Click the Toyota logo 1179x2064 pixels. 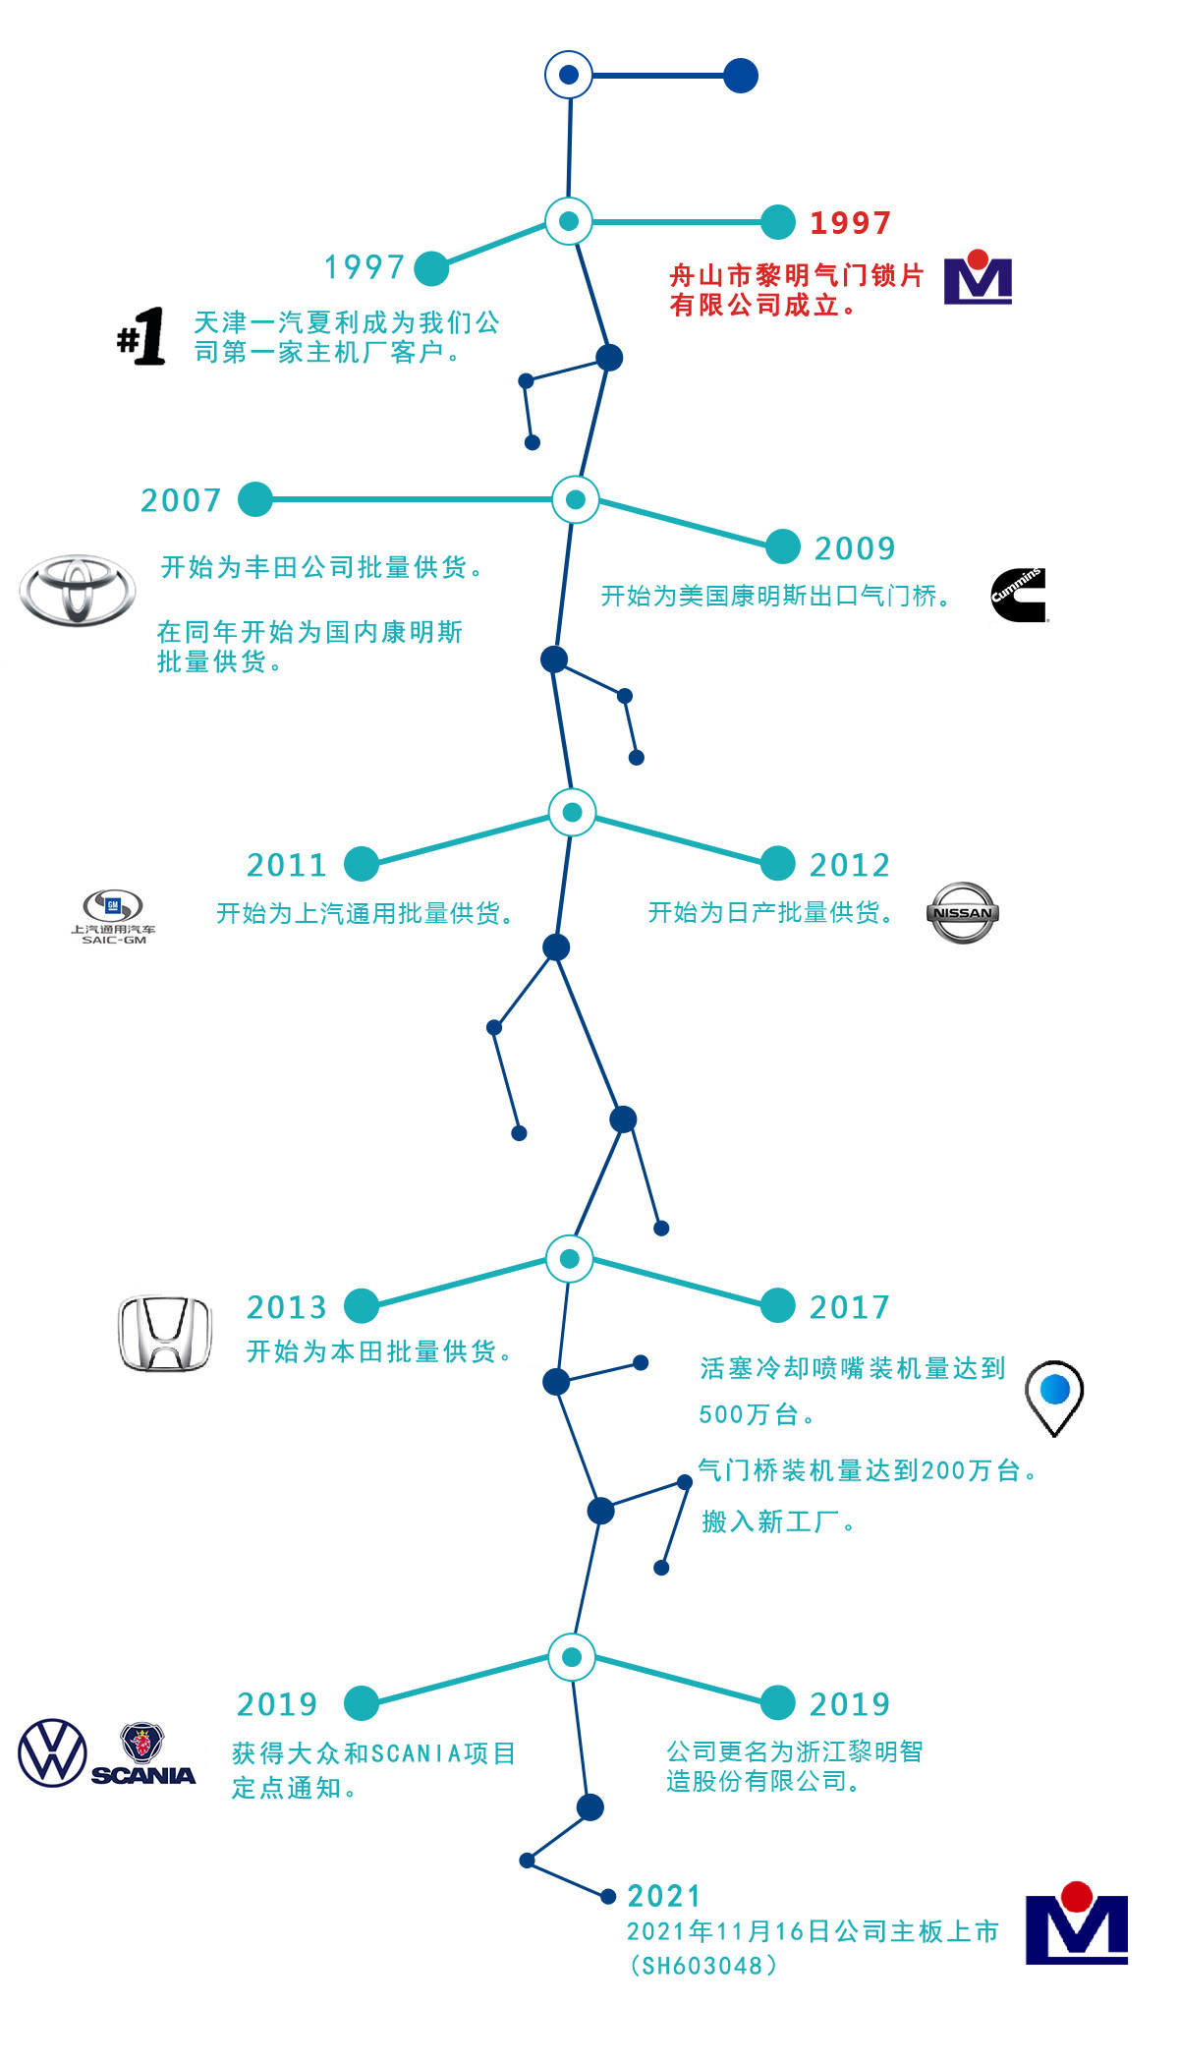(78, 590)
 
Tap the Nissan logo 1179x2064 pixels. (962, 912)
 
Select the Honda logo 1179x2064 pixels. (164, 1334)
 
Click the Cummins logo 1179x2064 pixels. (1019, 595)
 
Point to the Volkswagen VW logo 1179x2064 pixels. (52, 1752)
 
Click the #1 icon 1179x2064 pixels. (141, 336)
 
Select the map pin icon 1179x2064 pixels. (1054, 1397)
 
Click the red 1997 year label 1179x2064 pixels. (850, 223)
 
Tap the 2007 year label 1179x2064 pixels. (182, 500)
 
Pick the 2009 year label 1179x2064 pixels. (855, 548)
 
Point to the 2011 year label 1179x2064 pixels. (287, 865)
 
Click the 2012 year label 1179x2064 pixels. (850, 865)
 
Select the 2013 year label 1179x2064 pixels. (287, 1307)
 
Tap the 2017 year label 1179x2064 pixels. (850, 1307)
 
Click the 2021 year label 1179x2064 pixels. (664, 1896)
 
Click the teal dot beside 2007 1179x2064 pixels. (255, 499)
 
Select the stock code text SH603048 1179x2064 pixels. (703, 1965)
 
